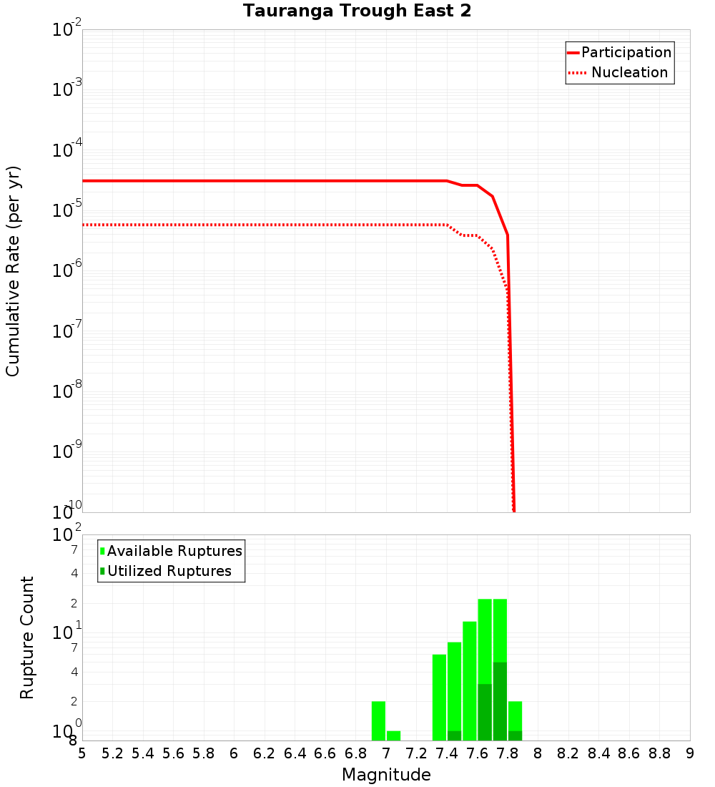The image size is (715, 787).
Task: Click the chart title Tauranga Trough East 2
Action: (x=357, y=11)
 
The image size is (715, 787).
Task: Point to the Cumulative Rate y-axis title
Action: (x=13, y=270)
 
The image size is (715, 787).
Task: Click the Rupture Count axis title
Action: (x=27, y=637)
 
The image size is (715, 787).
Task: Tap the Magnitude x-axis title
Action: (x=386, y=775)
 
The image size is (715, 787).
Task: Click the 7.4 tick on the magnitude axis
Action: (x=447, y=753)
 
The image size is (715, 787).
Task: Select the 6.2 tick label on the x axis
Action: (x=265, y=753)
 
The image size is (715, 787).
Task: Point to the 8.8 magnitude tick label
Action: (x=659, y=753)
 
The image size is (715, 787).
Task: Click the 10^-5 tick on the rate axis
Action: (x=66, y=210)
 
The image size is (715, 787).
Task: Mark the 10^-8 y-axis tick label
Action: (x=66, y=391)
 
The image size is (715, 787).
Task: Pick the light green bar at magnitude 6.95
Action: (x=378, y=720)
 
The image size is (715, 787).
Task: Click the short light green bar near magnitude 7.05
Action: (x=393, y=735)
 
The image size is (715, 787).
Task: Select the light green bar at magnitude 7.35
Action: (x=439, y=697)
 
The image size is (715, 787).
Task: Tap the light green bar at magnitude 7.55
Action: (x=470, y=680)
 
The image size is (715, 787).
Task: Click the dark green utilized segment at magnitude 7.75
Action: (x=500, y=701)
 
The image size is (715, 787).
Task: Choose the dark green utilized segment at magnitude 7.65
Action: (x=485, y=712)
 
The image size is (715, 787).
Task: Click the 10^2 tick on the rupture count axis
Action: (x=66, y=536)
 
